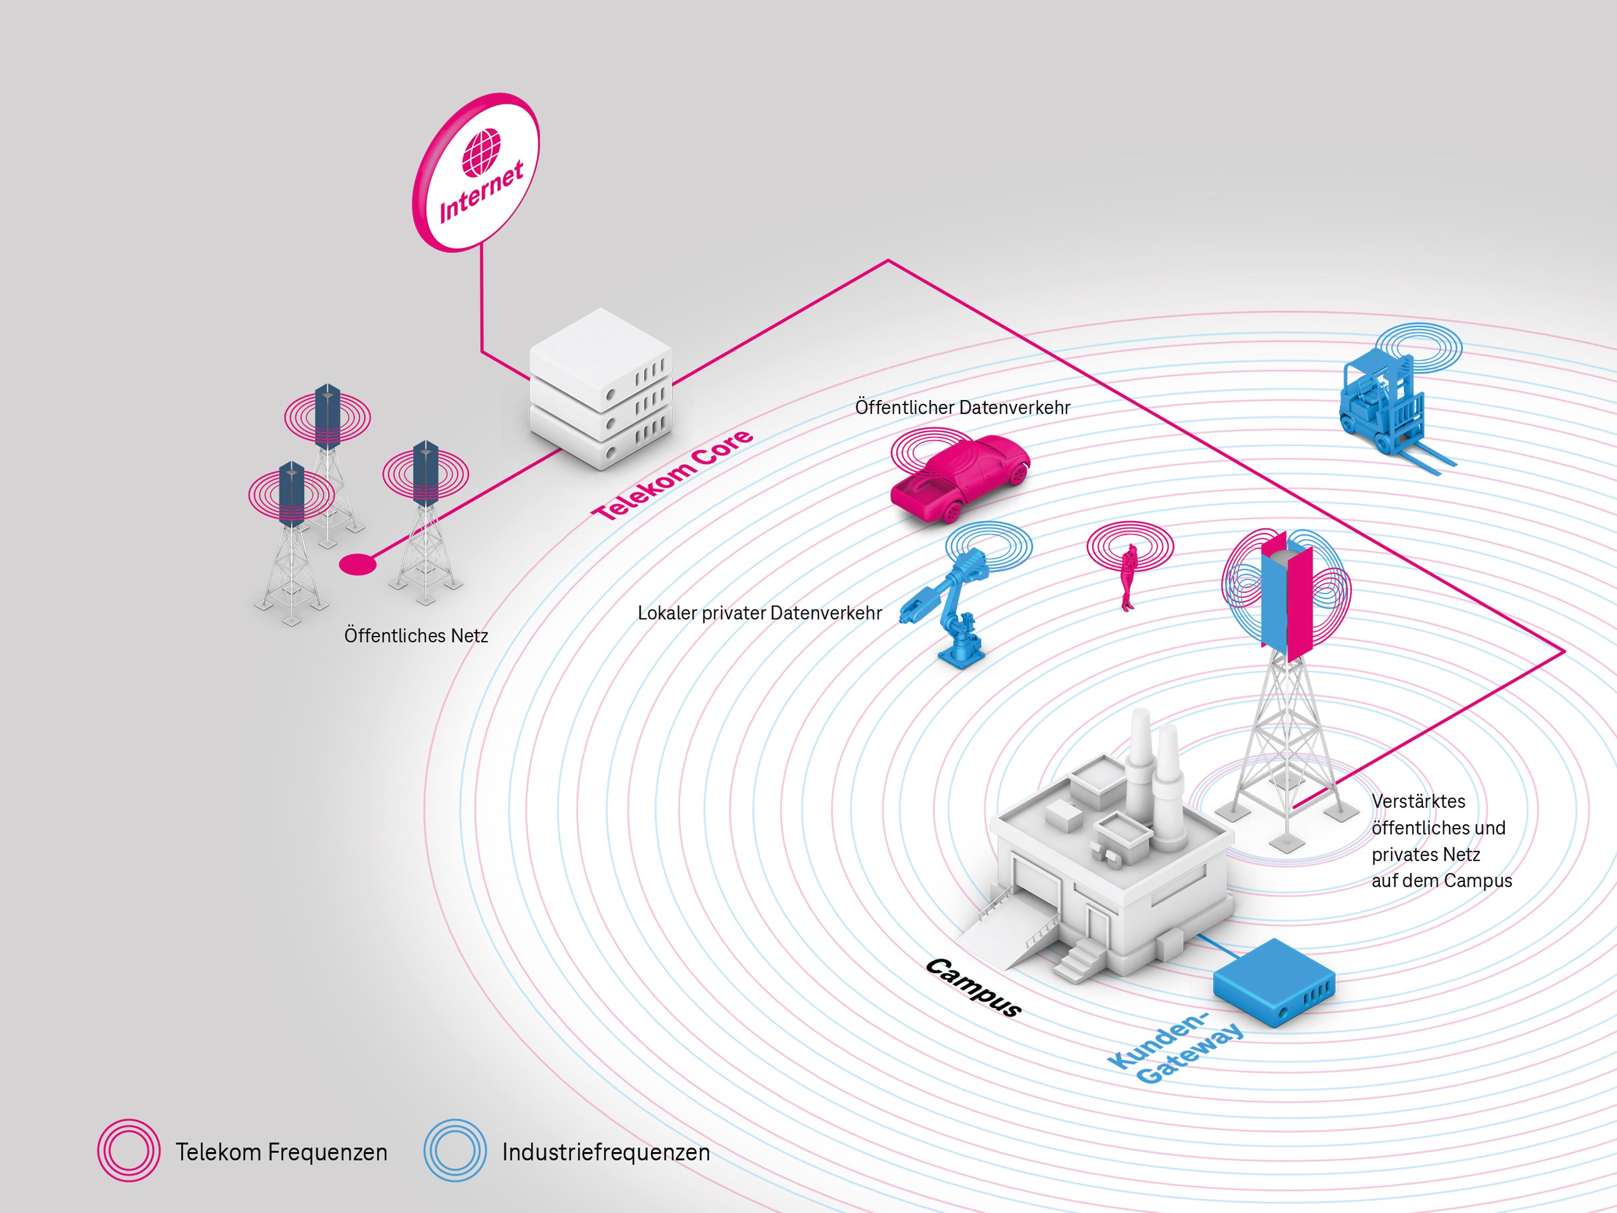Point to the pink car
960,478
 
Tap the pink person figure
1129,577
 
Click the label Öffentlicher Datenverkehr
962,407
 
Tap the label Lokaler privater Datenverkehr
759,613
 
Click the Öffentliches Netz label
416,636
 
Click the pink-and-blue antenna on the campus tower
1286,596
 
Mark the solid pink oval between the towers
357,564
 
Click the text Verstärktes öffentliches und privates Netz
1440,841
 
